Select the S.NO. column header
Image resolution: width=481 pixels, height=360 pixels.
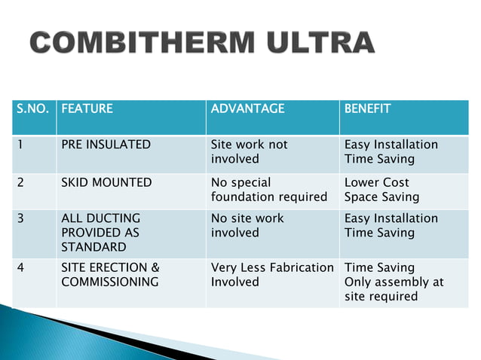click(32, 108)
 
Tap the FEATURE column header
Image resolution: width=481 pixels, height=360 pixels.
click(87, 108)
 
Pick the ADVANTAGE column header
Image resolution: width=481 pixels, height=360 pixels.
click(248, 108)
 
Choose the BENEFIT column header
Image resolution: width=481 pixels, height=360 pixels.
click(367, 108)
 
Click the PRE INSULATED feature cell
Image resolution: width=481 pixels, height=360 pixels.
click(106, 145)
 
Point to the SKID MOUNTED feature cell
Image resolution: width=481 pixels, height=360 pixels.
click(106, 182)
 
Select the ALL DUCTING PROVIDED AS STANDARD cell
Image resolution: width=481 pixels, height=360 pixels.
click(101, 233)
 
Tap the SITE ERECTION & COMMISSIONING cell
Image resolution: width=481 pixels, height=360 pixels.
click(110, 275)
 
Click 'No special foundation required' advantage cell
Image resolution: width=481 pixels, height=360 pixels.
click(268, 190)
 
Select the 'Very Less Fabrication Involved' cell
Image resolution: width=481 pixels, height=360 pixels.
click(272, 275)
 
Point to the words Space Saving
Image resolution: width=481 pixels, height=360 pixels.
click(381, 197)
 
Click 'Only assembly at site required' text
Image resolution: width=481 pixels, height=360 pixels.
click(394, 289)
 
